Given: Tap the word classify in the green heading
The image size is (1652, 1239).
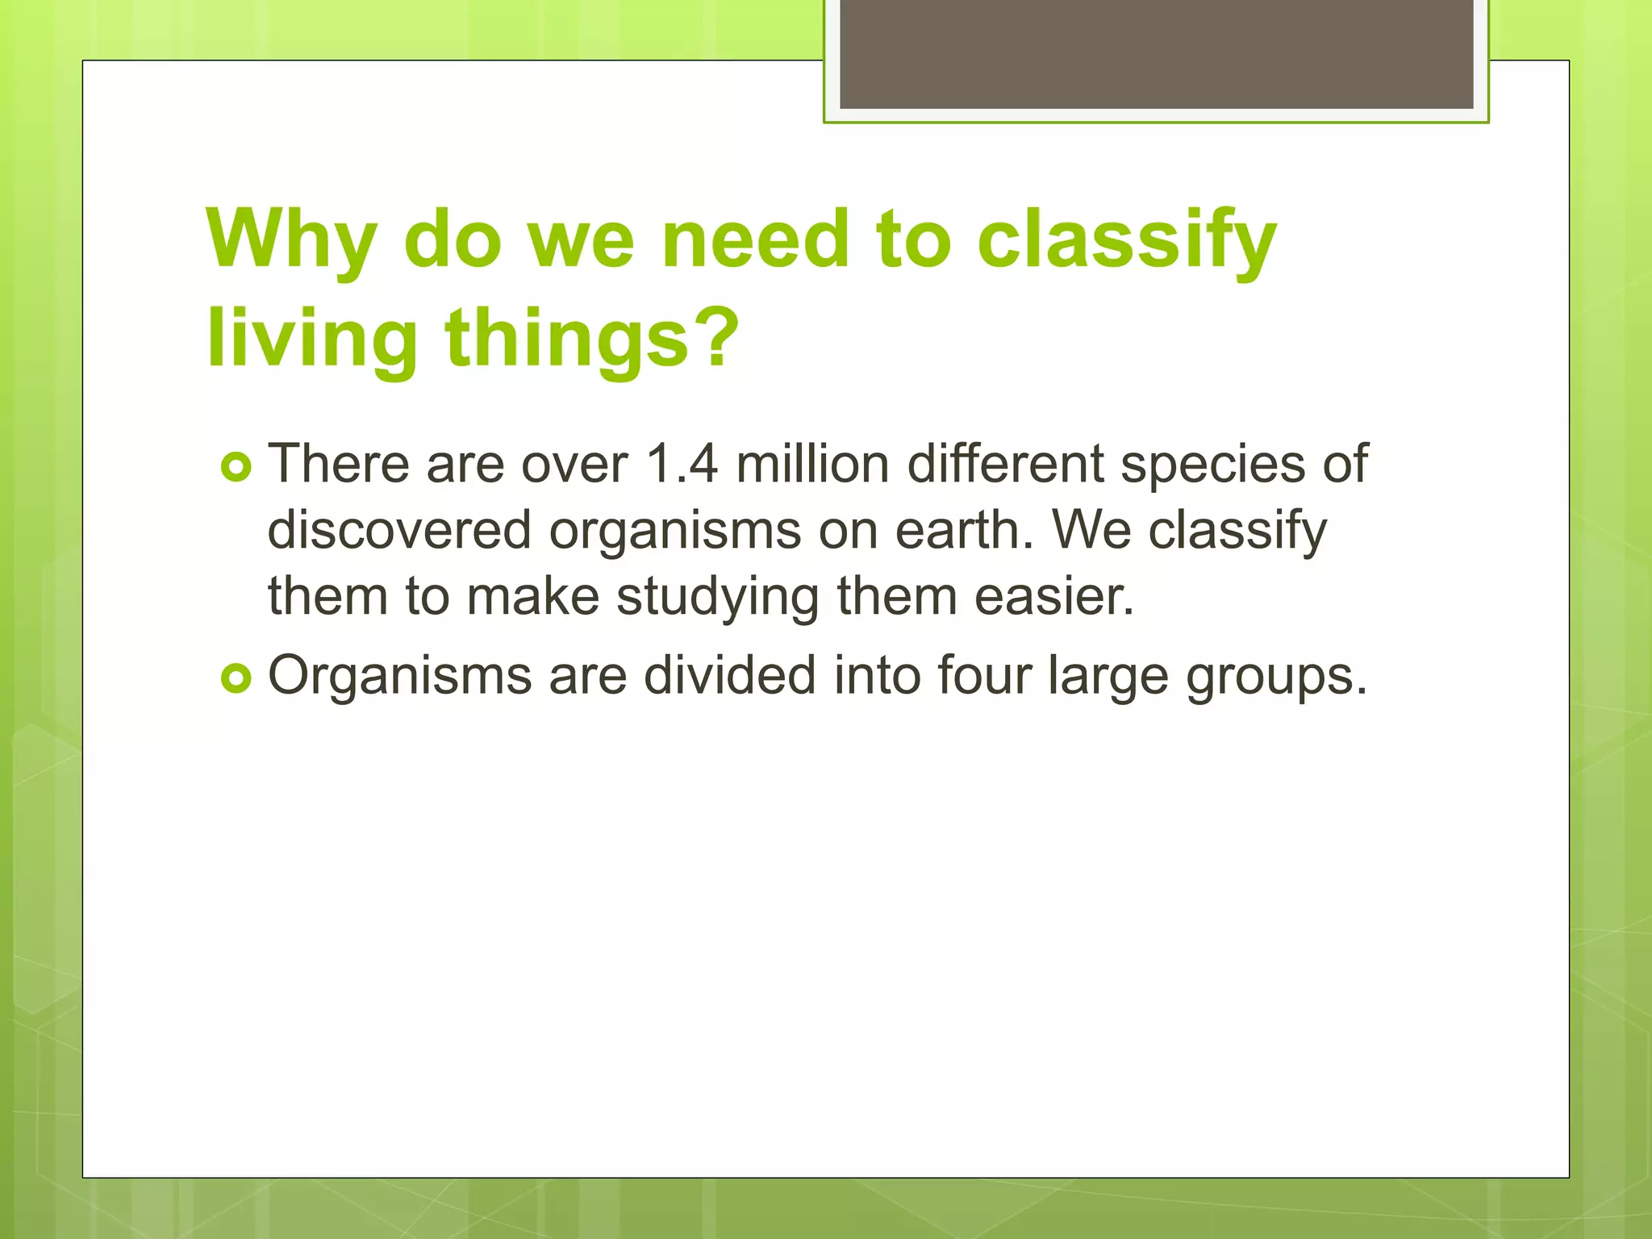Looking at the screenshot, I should (x=1127, y=240).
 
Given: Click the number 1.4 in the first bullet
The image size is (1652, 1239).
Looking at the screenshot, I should (x=682, y=464).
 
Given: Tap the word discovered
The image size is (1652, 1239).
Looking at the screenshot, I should (x=399, y=530).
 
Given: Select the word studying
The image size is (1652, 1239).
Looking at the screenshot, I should (x=717, y=598).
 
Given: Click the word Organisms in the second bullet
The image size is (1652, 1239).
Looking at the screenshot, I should (x=399, y=676).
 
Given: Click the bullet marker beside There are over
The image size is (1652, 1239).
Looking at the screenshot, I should (x=236, y=468).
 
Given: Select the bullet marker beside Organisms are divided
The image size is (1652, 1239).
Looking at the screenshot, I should (x=236, y=679).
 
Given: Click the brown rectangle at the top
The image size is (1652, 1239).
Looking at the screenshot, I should (x=1156, y=53).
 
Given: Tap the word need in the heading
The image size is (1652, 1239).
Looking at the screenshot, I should (x=755, y=240).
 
